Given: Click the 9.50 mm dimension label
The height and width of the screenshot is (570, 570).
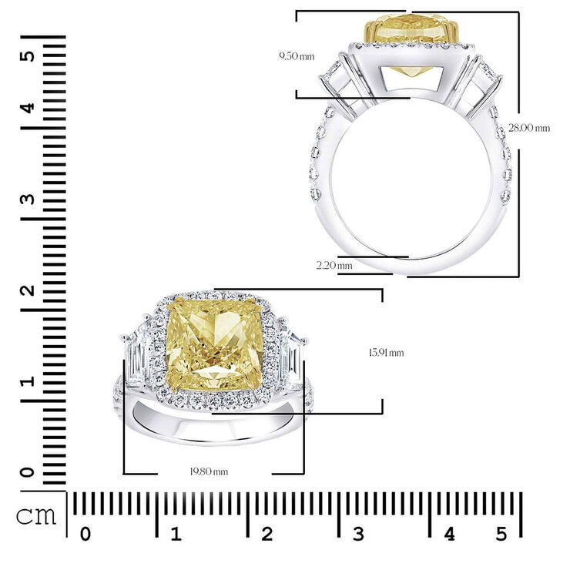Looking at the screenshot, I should coord(297,56).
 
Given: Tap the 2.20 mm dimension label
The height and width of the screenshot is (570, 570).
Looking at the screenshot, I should coord(334,266).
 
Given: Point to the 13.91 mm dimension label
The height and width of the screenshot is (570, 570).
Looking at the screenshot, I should coord(386,353).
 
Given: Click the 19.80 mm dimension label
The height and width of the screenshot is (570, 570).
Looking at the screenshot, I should coord(210,471).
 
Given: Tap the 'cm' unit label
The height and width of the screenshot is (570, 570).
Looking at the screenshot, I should coord(37,515).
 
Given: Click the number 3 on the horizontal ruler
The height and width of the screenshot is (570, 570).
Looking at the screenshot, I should coord(357,535).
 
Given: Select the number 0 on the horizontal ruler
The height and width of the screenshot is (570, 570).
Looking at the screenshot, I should coord(85,535).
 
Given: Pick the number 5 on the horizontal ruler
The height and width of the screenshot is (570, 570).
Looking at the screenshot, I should coord(501,535).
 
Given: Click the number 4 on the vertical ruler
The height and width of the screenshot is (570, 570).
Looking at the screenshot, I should coord(28,107).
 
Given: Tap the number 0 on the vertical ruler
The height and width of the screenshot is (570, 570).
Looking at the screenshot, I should coord(28,471).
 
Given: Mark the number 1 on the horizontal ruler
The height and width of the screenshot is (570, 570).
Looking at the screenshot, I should coord(176,535).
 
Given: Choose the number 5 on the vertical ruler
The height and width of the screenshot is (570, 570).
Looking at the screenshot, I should coord(28,56).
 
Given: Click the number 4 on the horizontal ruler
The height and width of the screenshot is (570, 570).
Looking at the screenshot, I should coord(449,535).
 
